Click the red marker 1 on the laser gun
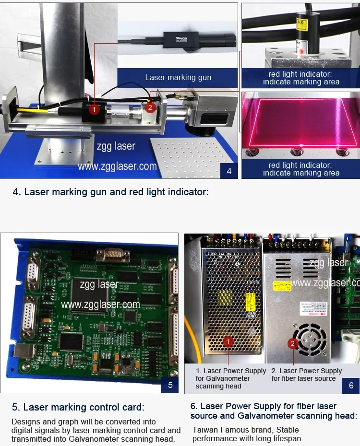click(x=95, y=110)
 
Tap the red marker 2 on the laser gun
click(x=150, y=107)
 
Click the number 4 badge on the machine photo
click(x=229, y=170)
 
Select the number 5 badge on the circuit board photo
click(x=170, y=384)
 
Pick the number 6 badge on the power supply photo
click(x=351, y=385)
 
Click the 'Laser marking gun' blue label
click(x=178, y=77)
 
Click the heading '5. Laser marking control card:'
click(x=78, y=408)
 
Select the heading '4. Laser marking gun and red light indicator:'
click(x=110, y=192)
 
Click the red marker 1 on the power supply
click(x=229, y=341)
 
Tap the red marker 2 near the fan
click(x=293, y=343)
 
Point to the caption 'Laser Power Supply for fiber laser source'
click(x=306, y=375)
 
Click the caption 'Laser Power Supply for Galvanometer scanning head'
click(x=230, y=378)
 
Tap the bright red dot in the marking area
click(x=301, y=144)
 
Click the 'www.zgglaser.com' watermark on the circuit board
click(x=100, y=304)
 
